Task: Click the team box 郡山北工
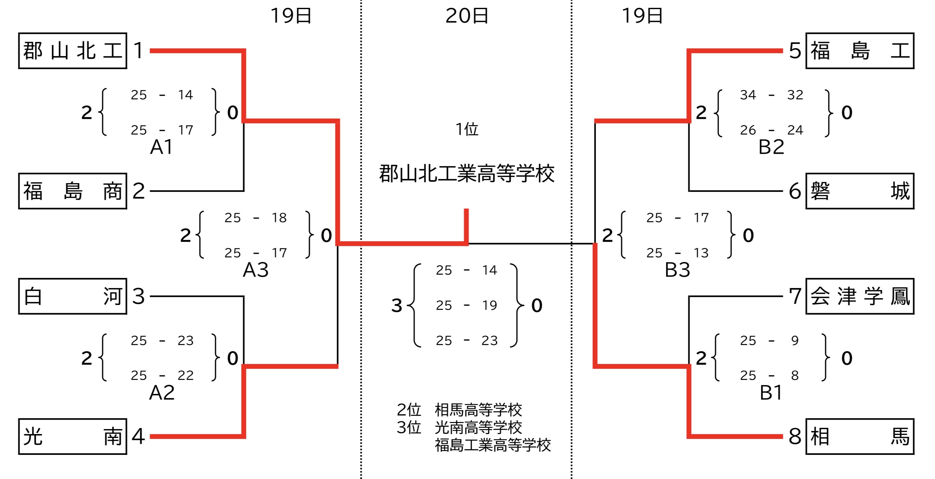tap(73, 51)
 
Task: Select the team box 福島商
tap(73, 191)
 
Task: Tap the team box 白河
tap(73, 296)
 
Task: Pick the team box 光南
tap(73, 436)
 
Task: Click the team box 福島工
tap(860, 51)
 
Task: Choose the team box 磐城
tap(860, 191)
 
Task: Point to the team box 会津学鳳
tap(860, 296)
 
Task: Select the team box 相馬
tap(860, 436)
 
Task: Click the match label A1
tap(161, 147)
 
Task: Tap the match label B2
tap(771, 147)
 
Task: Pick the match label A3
tap(255, 270)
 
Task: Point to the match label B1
tap(771, 393)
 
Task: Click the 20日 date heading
tap(467, 16)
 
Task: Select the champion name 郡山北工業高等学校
tap(467, 174)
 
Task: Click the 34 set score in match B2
tap(748, 95)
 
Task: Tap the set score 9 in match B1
tap(795, 341)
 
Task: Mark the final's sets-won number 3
tap(397, 305)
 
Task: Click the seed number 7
tap(795, 296)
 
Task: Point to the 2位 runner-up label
tap(409, 410)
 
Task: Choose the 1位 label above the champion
tap(467, 129)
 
